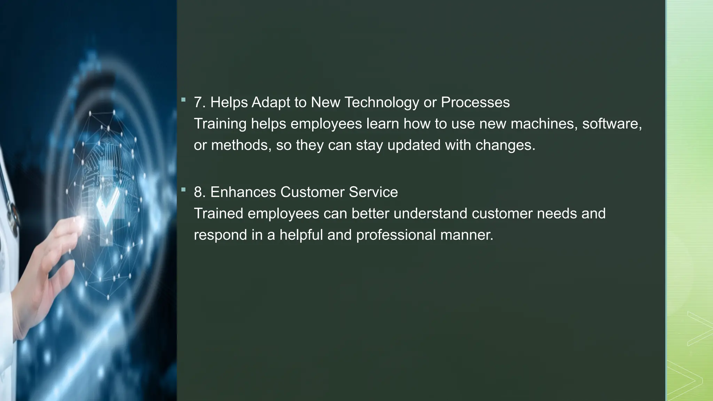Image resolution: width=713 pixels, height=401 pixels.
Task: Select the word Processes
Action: pos(475,103)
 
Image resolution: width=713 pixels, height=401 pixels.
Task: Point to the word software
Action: pos(612,124)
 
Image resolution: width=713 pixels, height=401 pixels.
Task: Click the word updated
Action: pos(414,145)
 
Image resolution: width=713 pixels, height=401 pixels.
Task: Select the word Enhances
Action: pos(243,192)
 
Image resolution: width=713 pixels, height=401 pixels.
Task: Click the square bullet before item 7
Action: pos(183,100)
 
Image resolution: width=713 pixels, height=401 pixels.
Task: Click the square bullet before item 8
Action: pos(183,190)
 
